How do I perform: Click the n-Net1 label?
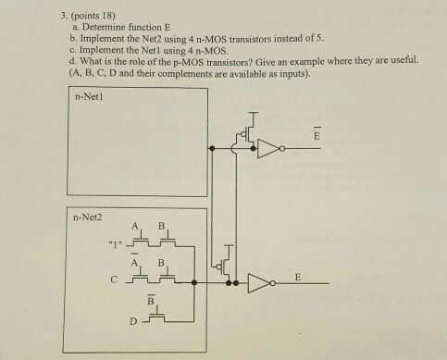point(90,95)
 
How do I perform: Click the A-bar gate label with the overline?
point(136,260)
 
